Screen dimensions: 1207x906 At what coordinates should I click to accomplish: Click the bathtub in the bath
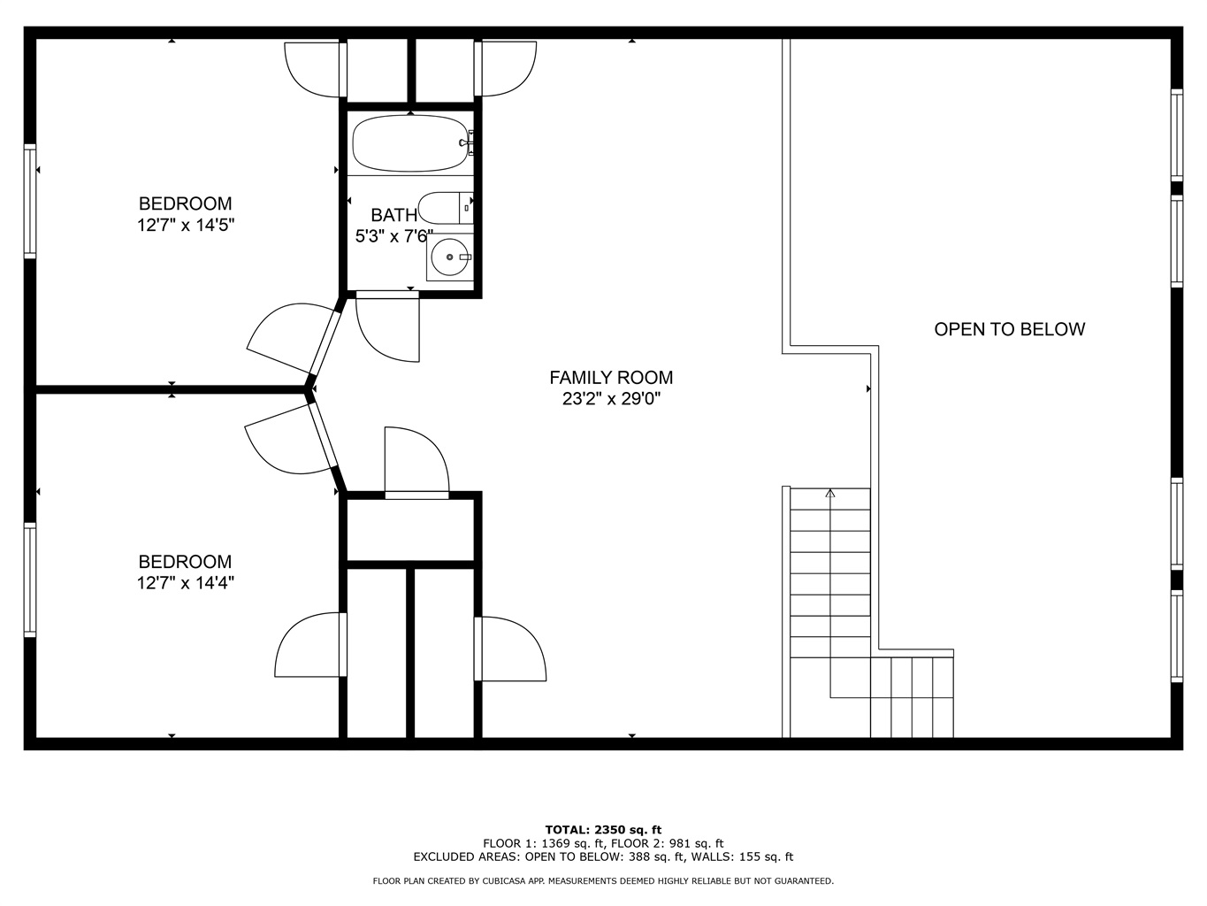[410, 143]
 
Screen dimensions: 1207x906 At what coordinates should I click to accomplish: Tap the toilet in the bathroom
[446, 208]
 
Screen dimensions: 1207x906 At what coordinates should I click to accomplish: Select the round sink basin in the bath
[449, 257]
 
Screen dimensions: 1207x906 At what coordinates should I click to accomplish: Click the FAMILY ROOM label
[611, 378]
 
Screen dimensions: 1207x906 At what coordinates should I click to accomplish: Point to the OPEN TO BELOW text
[1010, 329]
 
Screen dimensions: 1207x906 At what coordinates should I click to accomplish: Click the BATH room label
[393, 214]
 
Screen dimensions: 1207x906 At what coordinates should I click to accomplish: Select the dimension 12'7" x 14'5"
[186, 225]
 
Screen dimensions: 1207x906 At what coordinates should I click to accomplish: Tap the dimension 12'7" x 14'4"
[186, 582]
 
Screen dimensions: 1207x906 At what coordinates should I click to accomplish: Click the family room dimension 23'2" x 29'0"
[611, 399]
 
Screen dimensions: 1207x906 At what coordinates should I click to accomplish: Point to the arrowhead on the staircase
[830, 494]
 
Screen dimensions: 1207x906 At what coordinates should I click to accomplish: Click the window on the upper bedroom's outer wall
[30, 201]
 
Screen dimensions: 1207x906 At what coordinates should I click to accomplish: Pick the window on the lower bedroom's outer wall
[30, 580]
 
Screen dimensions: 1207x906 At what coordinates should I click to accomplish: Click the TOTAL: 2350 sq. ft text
[603, 830]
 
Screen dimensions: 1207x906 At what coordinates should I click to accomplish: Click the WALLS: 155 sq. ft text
[743, 857]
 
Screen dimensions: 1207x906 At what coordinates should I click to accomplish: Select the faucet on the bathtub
[466, 143]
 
